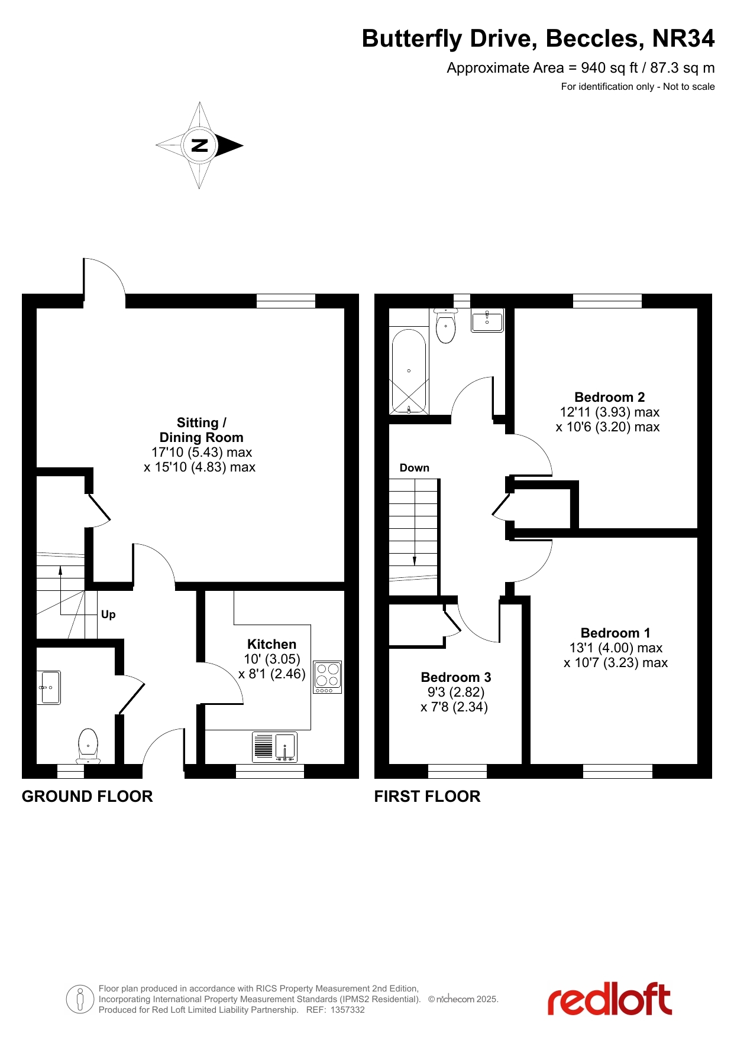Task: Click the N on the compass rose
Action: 200,145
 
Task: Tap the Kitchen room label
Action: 271,644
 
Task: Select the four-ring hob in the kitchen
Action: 327,677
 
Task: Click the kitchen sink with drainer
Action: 274,747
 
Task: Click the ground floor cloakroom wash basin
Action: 49,688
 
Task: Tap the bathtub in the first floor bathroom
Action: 409,371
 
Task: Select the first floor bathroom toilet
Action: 445,326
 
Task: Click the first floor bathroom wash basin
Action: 487,321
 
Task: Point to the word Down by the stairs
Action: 414,468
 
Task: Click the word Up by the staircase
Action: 108,615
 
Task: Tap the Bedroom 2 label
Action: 609,397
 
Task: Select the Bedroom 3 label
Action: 455,677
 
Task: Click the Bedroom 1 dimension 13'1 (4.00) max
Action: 616,648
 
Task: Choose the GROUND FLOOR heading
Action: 88,797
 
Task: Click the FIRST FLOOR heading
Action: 427,797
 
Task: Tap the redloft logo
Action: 609,999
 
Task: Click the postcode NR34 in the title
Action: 683,38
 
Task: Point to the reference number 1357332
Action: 347,1010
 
